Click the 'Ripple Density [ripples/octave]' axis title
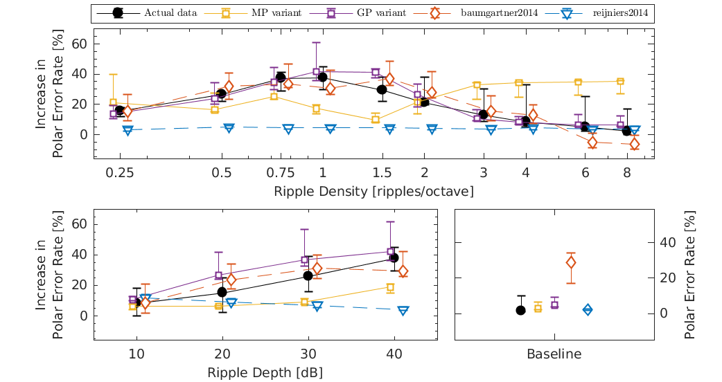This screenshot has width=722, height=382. pos(373,191)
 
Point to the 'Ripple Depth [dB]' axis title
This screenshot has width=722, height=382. pos(265,372)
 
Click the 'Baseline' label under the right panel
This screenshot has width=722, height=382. pos(554,354)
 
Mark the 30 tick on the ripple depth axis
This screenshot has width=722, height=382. pos(308,353)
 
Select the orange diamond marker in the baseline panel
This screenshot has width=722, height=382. pos(571,262)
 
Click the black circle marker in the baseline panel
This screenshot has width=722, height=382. pos(520,310)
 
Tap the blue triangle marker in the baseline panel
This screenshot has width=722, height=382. pos(588,310)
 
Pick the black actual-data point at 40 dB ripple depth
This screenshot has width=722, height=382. pos(394,257)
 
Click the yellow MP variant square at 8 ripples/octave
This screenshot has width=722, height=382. pos(620,82)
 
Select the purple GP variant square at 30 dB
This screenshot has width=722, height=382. pos(305,260)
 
